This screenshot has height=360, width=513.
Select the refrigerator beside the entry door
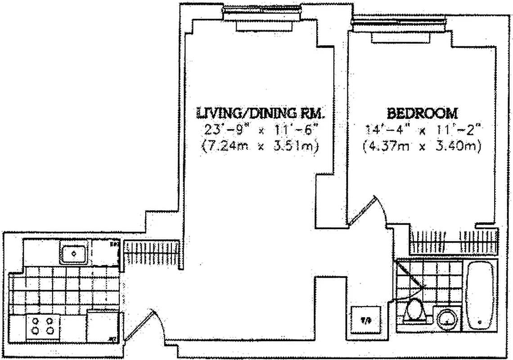103,326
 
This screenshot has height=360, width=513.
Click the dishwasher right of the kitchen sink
106,253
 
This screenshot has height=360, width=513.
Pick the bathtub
481,296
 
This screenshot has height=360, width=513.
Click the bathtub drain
481,323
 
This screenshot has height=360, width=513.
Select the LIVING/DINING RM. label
259,112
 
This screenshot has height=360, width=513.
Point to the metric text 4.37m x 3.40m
423,146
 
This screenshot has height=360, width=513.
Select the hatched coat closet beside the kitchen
152,252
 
